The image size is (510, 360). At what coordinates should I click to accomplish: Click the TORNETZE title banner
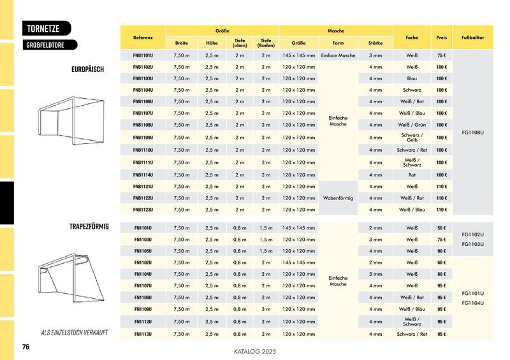coord(45,29)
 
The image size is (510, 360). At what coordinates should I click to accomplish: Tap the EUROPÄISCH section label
coord(88,69)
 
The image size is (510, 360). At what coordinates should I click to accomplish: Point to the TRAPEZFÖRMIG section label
coord(89,226)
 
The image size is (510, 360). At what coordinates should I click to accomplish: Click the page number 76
coord(26,347)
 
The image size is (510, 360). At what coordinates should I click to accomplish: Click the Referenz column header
coord(143,38)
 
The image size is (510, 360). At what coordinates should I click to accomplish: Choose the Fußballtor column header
coord(472,38)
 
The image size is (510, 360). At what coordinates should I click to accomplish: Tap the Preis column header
coord(441,38)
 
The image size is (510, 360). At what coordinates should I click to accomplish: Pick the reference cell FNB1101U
coord(143,55)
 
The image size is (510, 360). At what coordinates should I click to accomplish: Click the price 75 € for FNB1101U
coord(441,55)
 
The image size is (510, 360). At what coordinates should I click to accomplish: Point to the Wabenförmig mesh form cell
coord(339,198)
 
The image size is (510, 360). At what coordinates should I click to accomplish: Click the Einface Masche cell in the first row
coord(339,55)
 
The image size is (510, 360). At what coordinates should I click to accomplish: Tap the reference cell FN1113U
coord(143,334)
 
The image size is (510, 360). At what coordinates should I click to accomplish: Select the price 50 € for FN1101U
coord(441,227)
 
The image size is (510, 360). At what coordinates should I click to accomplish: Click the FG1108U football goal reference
coord(472,133)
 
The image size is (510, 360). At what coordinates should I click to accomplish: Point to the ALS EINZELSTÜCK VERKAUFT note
coord(75,333)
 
